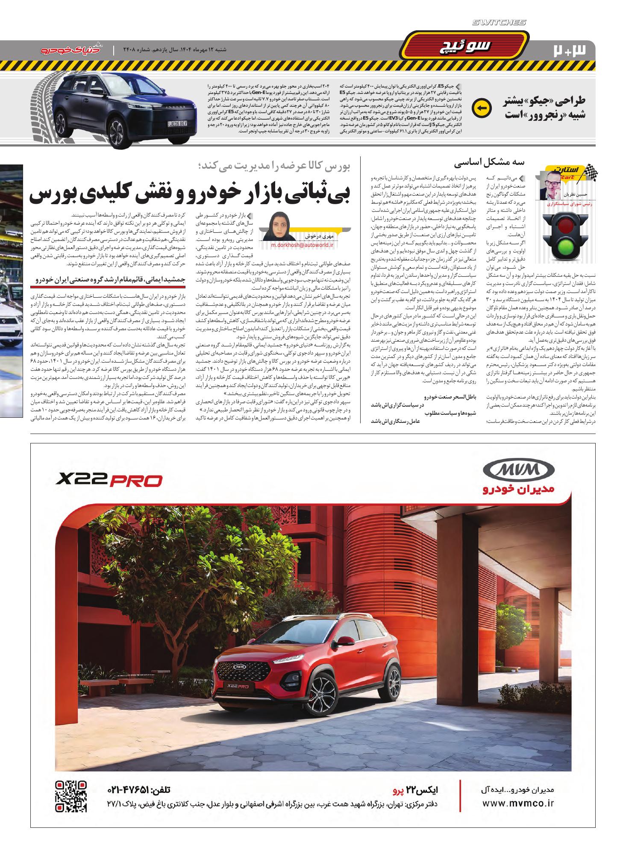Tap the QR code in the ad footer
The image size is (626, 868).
pyautogui.click(x=71, y=796)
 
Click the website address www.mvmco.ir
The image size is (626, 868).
pyautogui.click(x=518, y=803)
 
